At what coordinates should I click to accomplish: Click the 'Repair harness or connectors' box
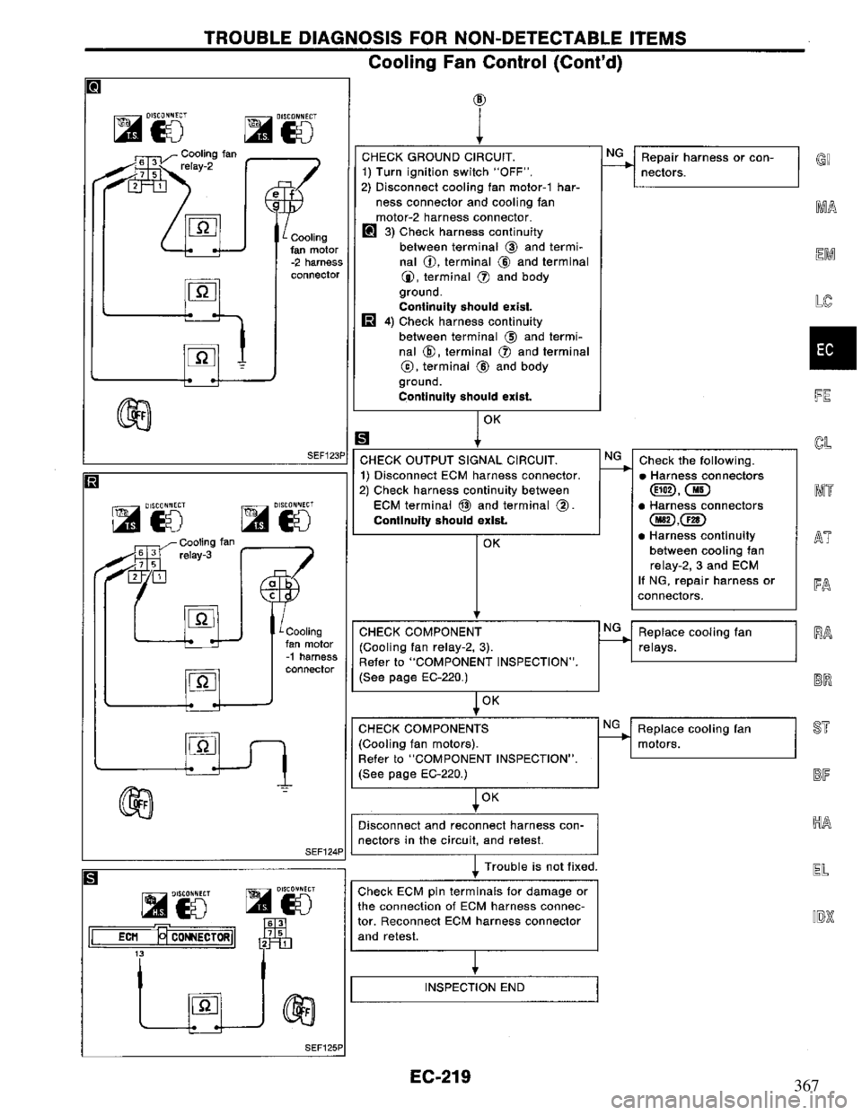click(x=715, y=166)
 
